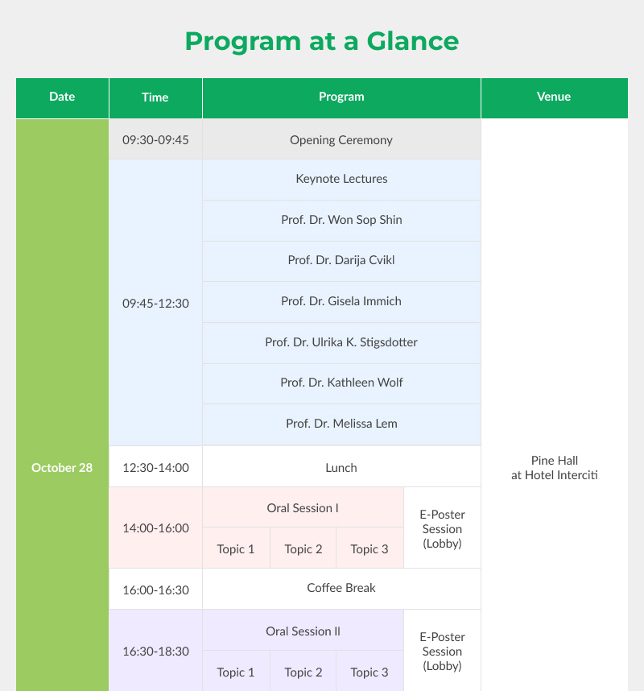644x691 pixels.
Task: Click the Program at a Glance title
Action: [x=321, y=41]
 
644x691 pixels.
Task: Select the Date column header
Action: [x=62, y=97]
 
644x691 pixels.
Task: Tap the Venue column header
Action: [x=554, y=97]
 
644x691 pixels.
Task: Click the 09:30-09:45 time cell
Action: [x=155, y=140]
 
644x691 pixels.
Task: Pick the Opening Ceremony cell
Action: [x=341, y=140]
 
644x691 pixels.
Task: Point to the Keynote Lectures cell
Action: [x=341, y=179]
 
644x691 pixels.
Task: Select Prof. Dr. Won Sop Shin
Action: [x=341, y=220]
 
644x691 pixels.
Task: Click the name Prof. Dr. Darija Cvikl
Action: [x=341, y=260]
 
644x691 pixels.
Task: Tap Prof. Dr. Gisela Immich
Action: [x=341, y=301]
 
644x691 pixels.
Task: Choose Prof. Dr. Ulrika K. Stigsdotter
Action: [x=341, y=342]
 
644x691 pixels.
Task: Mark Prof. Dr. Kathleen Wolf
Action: [x=341, y=383]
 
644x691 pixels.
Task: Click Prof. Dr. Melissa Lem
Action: [x=341, y=424]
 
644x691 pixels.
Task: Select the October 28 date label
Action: [x=62, y=468]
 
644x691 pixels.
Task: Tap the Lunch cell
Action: [x=341, y=468]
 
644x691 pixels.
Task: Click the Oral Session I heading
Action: [x=303, y=508]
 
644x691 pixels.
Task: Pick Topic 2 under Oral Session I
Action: [x=303, y=549]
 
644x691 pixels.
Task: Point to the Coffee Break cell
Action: [x=341, y=588]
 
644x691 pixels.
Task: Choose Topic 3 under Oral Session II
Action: [x=369, y=672]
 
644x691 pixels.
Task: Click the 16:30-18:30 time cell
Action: [x=155, y=652]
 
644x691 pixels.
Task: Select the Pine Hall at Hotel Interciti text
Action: [x=554, y=468]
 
